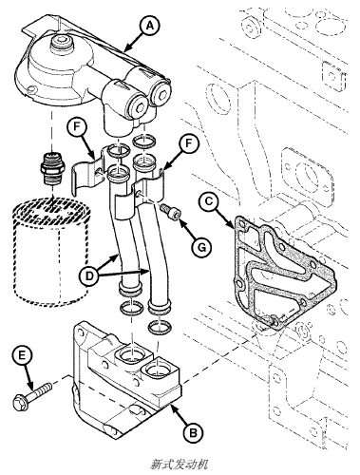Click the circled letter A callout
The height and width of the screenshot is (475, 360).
click(150, 26)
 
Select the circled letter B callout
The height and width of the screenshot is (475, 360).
click(194, 432)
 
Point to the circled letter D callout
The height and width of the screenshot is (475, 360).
click(90, 275)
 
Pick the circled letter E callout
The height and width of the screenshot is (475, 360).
click(22, 356)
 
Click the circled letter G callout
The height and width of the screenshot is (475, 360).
click(201, 246)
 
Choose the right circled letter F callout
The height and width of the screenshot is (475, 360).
click(189, 143)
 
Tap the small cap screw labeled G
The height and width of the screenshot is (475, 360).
click(171, 210)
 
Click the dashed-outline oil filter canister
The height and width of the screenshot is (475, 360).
click(51, 252)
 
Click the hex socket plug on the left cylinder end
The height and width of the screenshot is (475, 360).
click(139, 107)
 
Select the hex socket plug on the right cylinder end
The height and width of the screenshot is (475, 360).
click(161, 95)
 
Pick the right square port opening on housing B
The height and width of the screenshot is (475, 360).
click(158, 370)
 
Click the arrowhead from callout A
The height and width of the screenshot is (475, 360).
click(126, 48)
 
